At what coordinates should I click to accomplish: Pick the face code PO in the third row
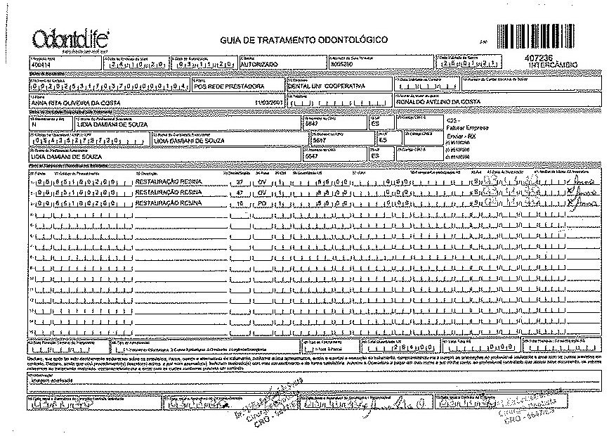click(261, 203)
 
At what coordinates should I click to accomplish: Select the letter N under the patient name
click(33, 124)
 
